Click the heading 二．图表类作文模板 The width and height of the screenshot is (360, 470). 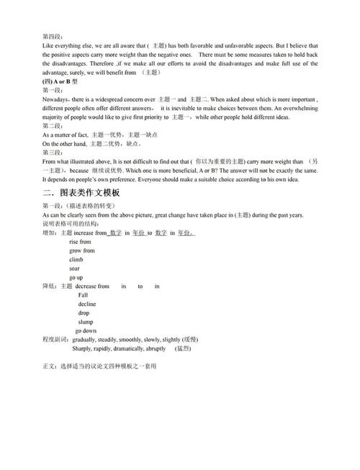(82, 194)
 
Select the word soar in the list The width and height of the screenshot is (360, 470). (75, 268)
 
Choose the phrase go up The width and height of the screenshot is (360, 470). (76, 277)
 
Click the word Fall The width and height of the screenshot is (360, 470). (84, 295)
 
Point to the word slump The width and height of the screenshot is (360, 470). (86, 321)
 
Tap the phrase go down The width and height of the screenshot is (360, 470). (86, 330)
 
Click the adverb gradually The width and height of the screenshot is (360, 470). (86, 339)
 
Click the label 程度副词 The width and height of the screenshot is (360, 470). (55, 339)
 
